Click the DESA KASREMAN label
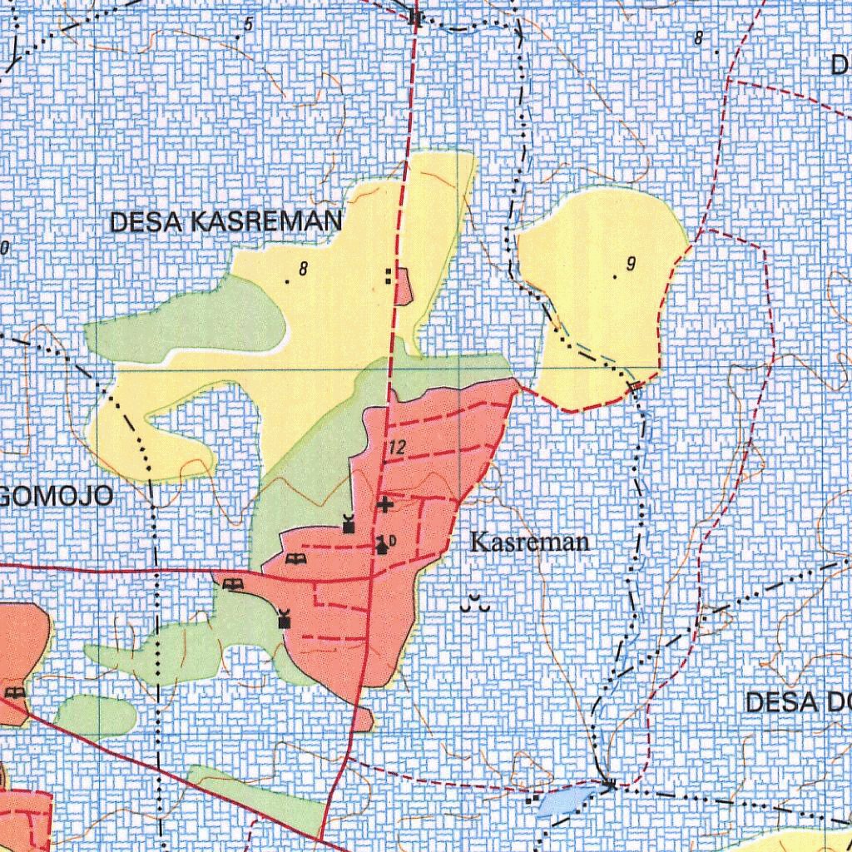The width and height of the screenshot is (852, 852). coord(225,222)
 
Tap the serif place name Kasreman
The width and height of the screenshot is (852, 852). coord(530,543)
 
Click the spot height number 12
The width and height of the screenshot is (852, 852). coord(396,448)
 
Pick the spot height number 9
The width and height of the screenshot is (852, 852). coord(631,265)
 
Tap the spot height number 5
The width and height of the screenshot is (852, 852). coord(248,25)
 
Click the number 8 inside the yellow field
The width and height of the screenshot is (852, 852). coord(303,269)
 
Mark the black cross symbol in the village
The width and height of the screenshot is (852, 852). coord(385,504)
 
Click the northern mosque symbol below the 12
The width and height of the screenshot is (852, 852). coord(349,524)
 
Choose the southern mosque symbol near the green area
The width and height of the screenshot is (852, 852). coord(285,619)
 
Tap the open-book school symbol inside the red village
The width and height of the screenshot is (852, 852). coord(293,558)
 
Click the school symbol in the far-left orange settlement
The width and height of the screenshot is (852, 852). coord(14,692)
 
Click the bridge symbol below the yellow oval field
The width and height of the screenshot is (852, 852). coord(637,385)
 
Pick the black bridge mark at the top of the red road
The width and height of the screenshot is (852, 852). coord(416,17)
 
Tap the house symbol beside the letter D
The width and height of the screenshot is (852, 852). coord(381,546)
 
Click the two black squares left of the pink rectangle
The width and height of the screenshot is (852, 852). coord(389,276)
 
